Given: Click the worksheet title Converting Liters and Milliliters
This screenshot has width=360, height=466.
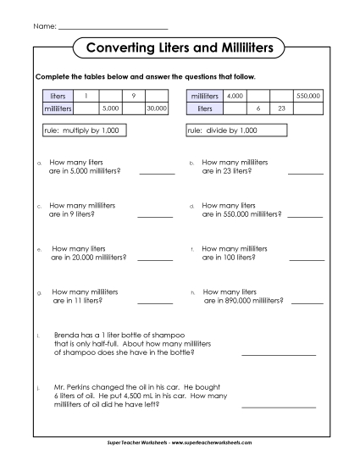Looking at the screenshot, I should point(180,48).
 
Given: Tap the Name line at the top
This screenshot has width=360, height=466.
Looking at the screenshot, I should point(113,28).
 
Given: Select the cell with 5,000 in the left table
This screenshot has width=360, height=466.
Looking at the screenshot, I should point(109,109).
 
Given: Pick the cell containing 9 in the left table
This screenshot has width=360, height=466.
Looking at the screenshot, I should point(134,97).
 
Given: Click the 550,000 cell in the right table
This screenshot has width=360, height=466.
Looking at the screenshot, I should point(307,97).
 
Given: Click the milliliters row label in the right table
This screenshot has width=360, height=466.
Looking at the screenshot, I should point(204,97).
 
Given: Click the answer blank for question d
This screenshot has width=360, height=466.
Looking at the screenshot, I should point(306,216).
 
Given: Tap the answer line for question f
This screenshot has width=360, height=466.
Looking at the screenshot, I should point(306,259).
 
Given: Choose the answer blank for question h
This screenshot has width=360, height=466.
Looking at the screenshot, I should point(306,302).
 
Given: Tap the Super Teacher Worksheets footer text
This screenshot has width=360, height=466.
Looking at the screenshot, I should point(180,442).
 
